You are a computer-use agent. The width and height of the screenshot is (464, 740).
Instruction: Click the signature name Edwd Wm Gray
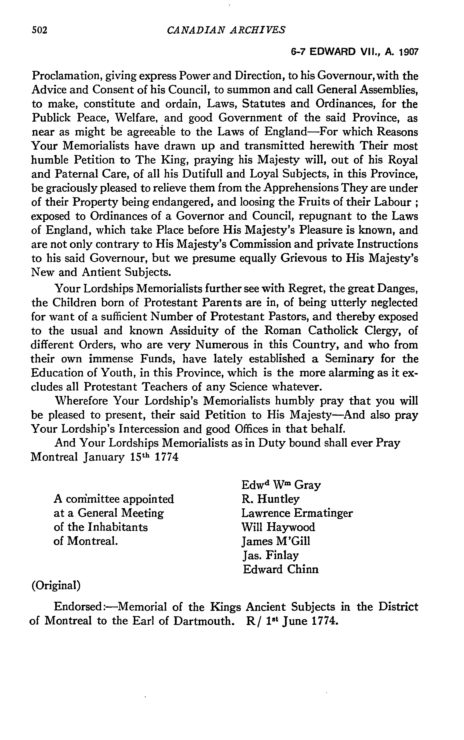(x=281, y=485)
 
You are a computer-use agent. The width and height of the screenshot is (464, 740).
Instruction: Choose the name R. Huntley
(x=270, y=499)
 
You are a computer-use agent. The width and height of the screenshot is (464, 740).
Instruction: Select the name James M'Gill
(x=276, y=541)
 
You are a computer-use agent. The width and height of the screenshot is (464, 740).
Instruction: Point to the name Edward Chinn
(x=281, y=569)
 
